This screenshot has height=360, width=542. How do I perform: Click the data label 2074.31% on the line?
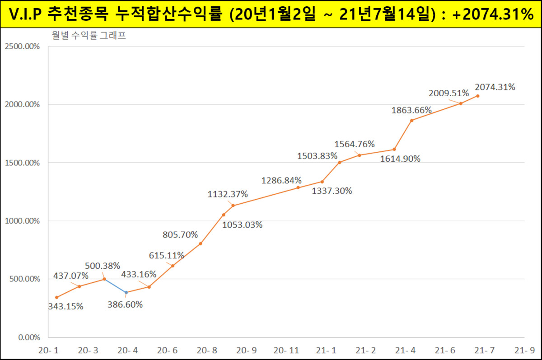click(495, 87)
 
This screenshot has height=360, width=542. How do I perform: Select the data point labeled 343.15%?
click(56, 297)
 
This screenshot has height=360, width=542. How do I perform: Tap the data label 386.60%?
click(125, 304)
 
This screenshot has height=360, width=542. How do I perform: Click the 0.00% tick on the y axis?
click(28, 337)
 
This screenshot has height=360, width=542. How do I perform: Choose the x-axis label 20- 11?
click(286, 351)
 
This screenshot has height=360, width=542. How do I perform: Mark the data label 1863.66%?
click(411, 110)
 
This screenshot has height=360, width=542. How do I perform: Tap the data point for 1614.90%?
click(394, 149)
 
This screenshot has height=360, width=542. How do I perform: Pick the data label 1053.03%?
click(242, 224)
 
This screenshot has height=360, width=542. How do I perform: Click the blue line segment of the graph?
click(115, 286)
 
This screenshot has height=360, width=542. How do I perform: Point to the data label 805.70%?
click(180, 234)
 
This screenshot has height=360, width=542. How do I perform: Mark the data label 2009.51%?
click(447, 93)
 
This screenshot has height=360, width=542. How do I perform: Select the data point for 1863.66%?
click(411, 120)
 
